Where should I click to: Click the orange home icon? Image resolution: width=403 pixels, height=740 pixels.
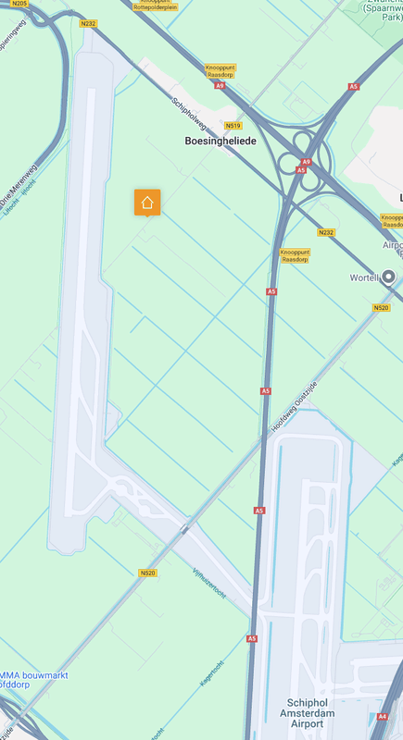coord(147,202)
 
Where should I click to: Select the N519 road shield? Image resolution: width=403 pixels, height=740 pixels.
coord(233,126)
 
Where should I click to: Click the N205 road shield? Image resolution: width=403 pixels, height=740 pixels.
coord(19,4)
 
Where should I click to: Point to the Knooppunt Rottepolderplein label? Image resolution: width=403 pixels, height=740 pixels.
coord(153,5)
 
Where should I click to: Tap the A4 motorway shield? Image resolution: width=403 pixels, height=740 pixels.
coord(383,716)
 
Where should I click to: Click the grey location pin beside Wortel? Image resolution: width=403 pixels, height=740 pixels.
coord(389,277)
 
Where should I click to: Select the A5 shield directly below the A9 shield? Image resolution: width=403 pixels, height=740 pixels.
coord(301,170)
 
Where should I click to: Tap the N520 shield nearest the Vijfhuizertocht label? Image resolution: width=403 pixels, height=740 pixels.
coord(148,573)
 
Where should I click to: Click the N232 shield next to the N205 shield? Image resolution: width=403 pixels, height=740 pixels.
coord(88,23)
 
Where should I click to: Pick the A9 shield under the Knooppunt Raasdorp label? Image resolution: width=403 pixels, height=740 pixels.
coord(219,86)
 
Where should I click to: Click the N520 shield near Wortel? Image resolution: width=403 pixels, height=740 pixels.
coord(381,307)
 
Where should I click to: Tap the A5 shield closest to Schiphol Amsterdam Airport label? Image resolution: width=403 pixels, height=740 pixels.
coord(252,638)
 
